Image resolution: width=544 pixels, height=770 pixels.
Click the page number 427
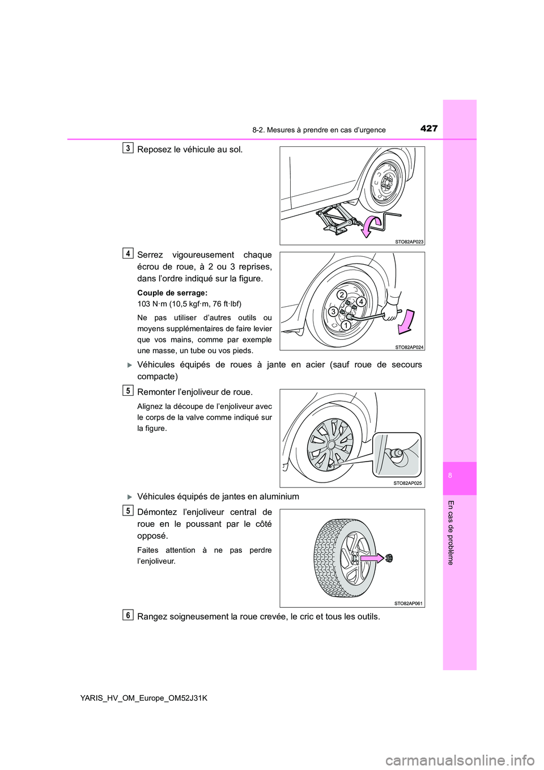[429, 129]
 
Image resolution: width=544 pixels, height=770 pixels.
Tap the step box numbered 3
[129, 149]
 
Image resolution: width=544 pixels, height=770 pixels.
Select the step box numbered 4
[129, 253]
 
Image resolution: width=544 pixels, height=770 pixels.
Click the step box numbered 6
[129, 615]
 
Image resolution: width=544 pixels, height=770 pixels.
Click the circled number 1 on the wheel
[345, 325]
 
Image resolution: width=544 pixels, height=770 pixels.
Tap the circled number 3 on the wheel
[334, 311]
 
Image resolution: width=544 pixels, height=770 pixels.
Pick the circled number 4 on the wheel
[360, 302]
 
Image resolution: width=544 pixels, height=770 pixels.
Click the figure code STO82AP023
[409, 242]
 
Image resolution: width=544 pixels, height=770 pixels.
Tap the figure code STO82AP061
[408, 603]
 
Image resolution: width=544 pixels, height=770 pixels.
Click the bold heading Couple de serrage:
[172, 293]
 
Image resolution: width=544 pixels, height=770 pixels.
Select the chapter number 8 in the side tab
[450, 476]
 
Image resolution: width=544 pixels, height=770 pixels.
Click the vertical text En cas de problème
[450, 532]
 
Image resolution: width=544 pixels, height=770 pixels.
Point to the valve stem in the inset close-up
[394, 454]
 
